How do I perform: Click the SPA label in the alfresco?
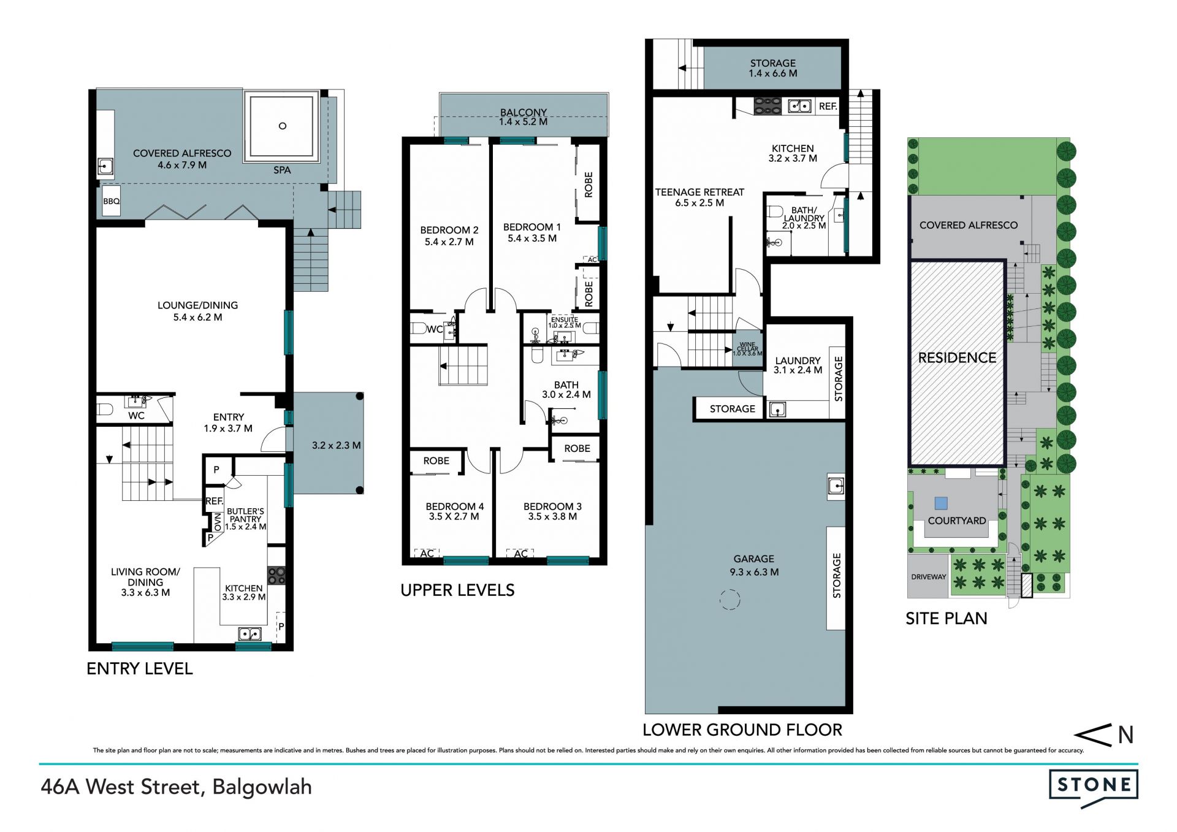(282, 170)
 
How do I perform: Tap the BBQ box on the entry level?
(112, 201)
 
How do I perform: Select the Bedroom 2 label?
(449, 236)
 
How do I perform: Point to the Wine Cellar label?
(748, 349)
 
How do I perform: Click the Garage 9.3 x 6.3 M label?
(754, 565)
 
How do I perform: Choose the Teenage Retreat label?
(699, 197)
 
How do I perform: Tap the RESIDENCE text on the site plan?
(957, 357)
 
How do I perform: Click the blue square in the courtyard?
(941, 503)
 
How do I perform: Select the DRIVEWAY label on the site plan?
(929, 577)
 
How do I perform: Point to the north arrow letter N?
(1126, 735)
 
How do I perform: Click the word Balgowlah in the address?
(262, 787)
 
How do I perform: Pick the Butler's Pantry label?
(245, 519)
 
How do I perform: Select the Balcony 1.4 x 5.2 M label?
(523, 117)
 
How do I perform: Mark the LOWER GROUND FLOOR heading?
(742, 730)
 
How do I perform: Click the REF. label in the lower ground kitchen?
(828, 106)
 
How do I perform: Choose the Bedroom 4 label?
(454, 511)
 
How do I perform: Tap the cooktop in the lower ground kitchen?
(768, 106)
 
